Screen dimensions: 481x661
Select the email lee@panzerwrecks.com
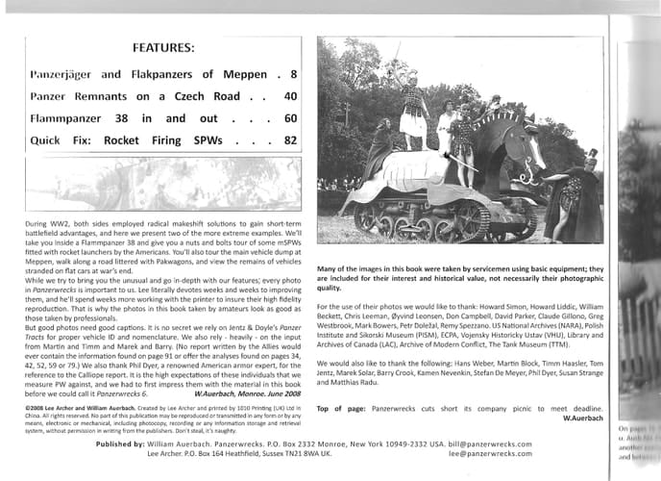(x=489, y=456)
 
